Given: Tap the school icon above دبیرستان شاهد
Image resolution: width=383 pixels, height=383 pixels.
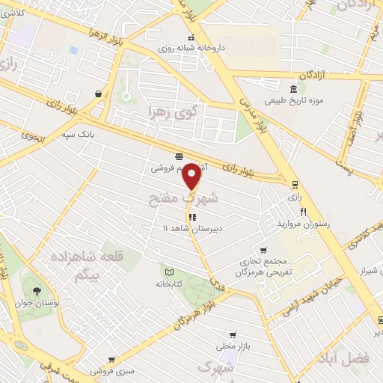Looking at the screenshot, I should pyautogui.click(x=193, y=218).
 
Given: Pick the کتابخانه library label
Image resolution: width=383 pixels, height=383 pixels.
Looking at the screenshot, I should pyautogui.click(x=169, y=284).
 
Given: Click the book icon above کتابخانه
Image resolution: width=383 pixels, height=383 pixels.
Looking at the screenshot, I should pyautogui.click(x=169, y=272).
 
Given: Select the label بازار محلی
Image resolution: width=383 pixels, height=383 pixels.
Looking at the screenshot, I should pyautogui.click(x=233, y=346).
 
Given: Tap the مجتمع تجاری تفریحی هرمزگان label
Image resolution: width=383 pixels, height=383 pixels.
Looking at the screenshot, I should pyautogui.click(x=263, y=268).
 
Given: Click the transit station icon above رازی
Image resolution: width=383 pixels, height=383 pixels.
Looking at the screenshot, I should pyautogui.click(x=295, y=184).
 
